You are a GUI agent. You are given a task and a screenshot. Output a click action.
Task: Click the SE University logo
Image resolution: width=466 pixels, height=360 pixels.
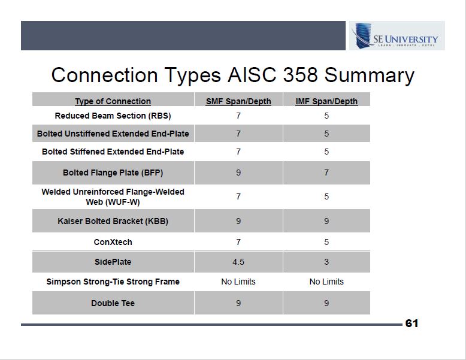[397, 36]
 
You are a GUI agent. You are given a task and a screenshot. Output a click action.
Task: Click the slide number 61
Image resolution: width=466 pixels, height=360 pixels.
[411, 323]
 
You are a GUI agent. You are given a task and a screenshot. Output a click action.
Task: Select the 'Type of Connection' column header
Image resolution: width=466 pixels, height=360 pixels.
[113, 101]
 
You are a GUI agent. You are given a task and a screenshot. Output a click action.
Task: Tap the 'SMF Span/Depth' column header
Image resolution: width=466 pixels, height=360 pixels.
[238, 101]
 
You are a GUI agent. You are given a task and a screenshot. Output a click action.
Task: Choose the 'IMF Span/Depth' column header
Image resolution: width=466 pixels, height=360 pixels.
[326, 101]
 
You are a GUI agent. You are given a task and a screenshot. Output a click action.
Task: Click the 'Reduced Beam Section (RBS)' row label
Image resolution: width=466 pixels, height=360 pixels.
[113, 116]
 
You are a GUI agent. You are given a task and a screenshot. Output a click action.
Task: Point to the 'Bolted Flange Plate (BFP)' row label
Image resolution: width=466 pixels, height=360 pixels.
[113, 173]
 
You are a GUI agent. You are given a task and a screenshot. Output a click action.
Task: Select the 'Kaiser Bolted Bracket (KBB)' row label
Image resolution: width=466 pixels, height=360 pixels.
[113, 221]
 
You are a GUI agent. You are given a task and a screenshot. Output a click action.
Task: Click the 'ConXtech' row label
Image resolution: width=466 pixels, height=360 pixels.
[113, 242]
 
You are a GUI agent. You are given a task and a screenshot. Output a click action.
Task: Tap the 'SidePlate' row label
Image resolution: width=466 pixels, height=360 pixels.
[113, 262]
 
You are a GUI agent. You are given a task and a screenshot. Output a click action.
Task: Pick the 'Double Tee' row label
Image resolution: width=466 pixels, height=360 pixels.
[113, 303]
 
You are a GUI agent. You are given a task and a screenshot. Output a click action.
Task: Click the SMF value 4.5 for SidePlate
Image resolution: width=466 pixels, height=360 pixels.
[238, 262]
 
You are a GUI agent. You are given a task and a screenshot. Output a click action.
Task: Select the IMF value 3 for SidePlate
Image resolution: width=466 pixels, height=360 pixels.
[326, 262]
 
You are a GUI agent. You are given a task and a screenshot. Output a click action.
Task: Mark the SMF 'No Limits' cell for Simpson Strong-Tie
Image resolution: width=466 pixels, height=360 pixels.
[238, 282]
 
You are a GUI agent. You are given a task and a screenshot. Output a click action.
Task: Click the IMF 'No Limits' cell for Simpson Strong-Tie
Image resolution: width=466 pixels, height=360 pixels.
[326, 282]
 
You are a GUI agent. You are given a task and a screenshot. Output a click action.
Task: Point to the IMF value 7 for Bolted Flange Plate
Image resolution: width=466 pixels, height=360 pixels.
[326, 173]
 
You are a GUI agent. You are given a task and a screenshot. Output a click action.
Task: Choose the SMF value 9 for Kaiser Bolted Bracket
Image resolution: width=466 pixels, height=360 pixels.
[238, 221]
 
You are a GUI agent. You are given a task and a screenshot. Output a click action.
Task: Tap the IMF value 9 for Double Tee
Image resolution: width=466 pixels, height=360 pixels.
[326, 303]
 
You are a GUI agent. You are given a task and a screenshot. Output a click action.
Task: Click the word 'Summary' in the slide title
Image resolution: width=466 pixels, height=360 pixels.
[369, 75]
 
